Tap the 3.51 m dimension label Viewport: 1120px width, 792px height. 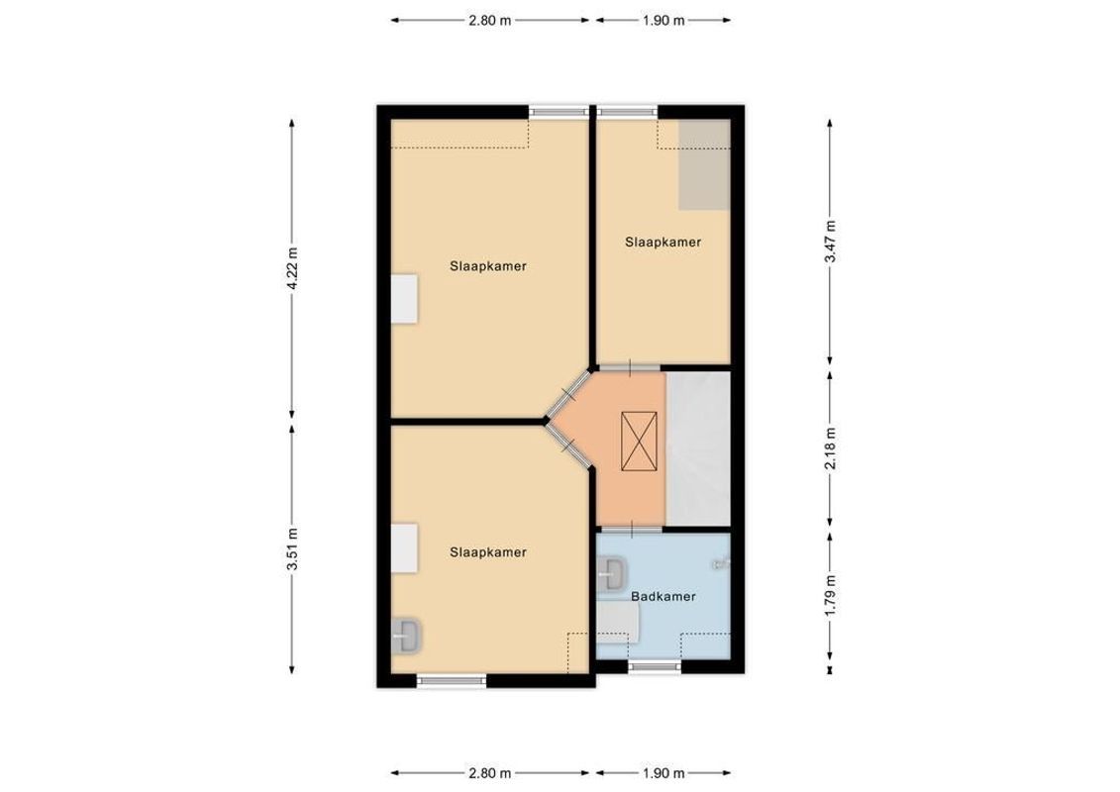(292, 551)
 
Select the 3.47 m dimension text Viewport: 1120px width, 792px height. (830, 241)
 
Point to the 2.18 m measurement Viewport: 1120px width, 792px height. (830, 446)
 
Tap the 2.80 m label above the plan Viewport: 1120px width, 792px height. (490, 20)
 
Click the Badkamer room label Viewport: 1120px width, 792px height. (663, 597)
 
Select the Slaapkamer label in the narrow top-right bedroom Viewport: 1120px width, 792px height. (663, 242)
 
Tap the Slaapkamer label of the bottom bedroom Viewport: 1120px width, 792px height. (487, 552)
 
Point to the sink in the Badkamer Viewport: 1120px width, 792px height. (612, 572)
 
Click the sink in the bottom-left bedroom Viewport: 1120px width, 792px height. (407, 634)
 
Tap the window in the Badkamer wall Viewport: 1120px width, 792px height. (655, 667)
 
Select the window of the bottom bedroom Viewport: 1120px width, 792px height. (452, 680)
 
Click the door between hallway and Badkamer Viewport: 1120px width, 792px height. (630, 529)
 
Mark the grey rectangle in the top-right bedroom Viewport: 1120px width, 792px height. (704, 164)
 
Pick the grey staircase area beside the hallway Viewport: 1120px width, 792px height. (699, 447)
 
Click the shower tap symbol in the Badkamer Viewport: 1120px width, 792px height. (721, 563)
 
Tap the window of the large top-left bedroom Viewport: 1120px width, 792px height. (558, 112)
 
